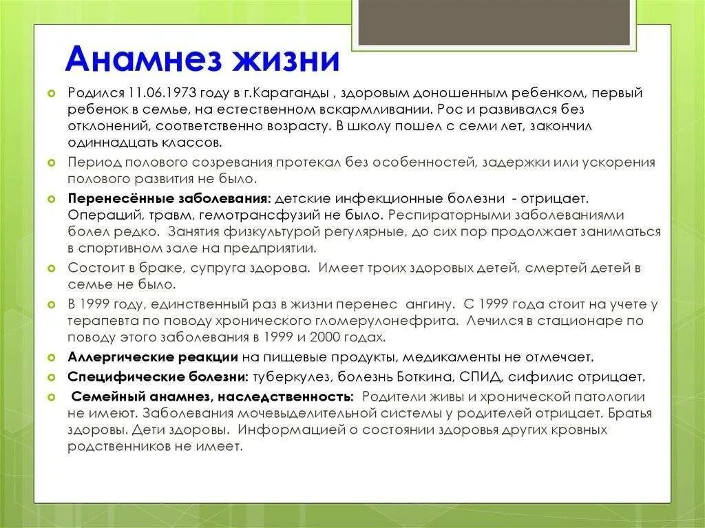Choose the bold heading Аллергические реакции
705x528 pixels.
pyautogui.click(x=153, y=357)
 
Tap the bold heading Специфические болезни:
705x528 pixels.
pyautogui.click(x=158, y=377)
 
